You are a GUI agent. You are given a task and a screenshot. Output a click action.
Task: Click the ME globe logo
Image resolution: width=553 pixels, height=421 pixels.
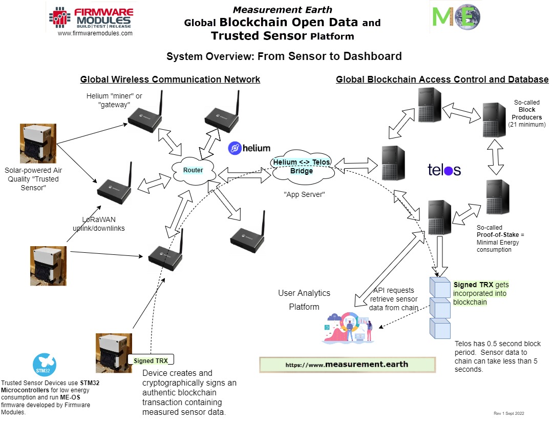pos(456,16)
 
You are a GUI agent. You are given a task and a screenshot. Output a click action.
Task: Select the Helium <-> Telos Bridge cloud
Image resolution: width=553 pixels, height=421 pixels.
pos(302,167)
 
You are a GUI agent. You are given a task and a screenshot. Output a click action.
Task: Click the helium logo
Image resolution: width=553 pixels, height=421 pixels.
pos(249,148)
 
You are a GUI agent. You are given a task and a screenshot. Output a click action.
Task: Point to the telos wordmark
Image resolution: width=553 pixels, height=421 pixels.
pos(444,170)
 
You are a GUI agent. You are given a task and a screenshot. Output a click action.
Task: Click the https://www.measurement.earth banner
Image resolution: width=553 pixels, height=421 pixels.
pos(347,364)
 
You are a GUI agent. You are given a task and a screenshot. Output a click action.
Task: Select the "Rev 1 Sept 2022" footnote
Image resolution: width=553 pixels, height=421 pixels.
pos(509,413)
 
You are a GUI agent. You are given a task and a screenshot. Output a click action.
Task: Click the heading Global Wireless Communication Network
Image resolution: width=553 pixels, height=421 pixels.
pos(170,79)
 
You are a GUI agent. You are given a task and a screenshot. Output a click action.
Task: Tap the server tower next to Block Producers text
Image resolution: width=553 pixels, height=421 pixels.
pos(495,119)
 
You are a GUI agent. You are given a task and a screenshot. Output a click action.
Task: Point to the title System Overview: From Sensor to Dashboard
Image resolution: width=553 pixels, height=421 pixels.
pos(284,56)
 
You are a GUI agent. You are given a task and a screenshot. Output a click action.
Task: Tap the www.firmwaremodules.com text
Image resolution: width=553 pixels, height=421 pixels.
pos(95,33)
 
